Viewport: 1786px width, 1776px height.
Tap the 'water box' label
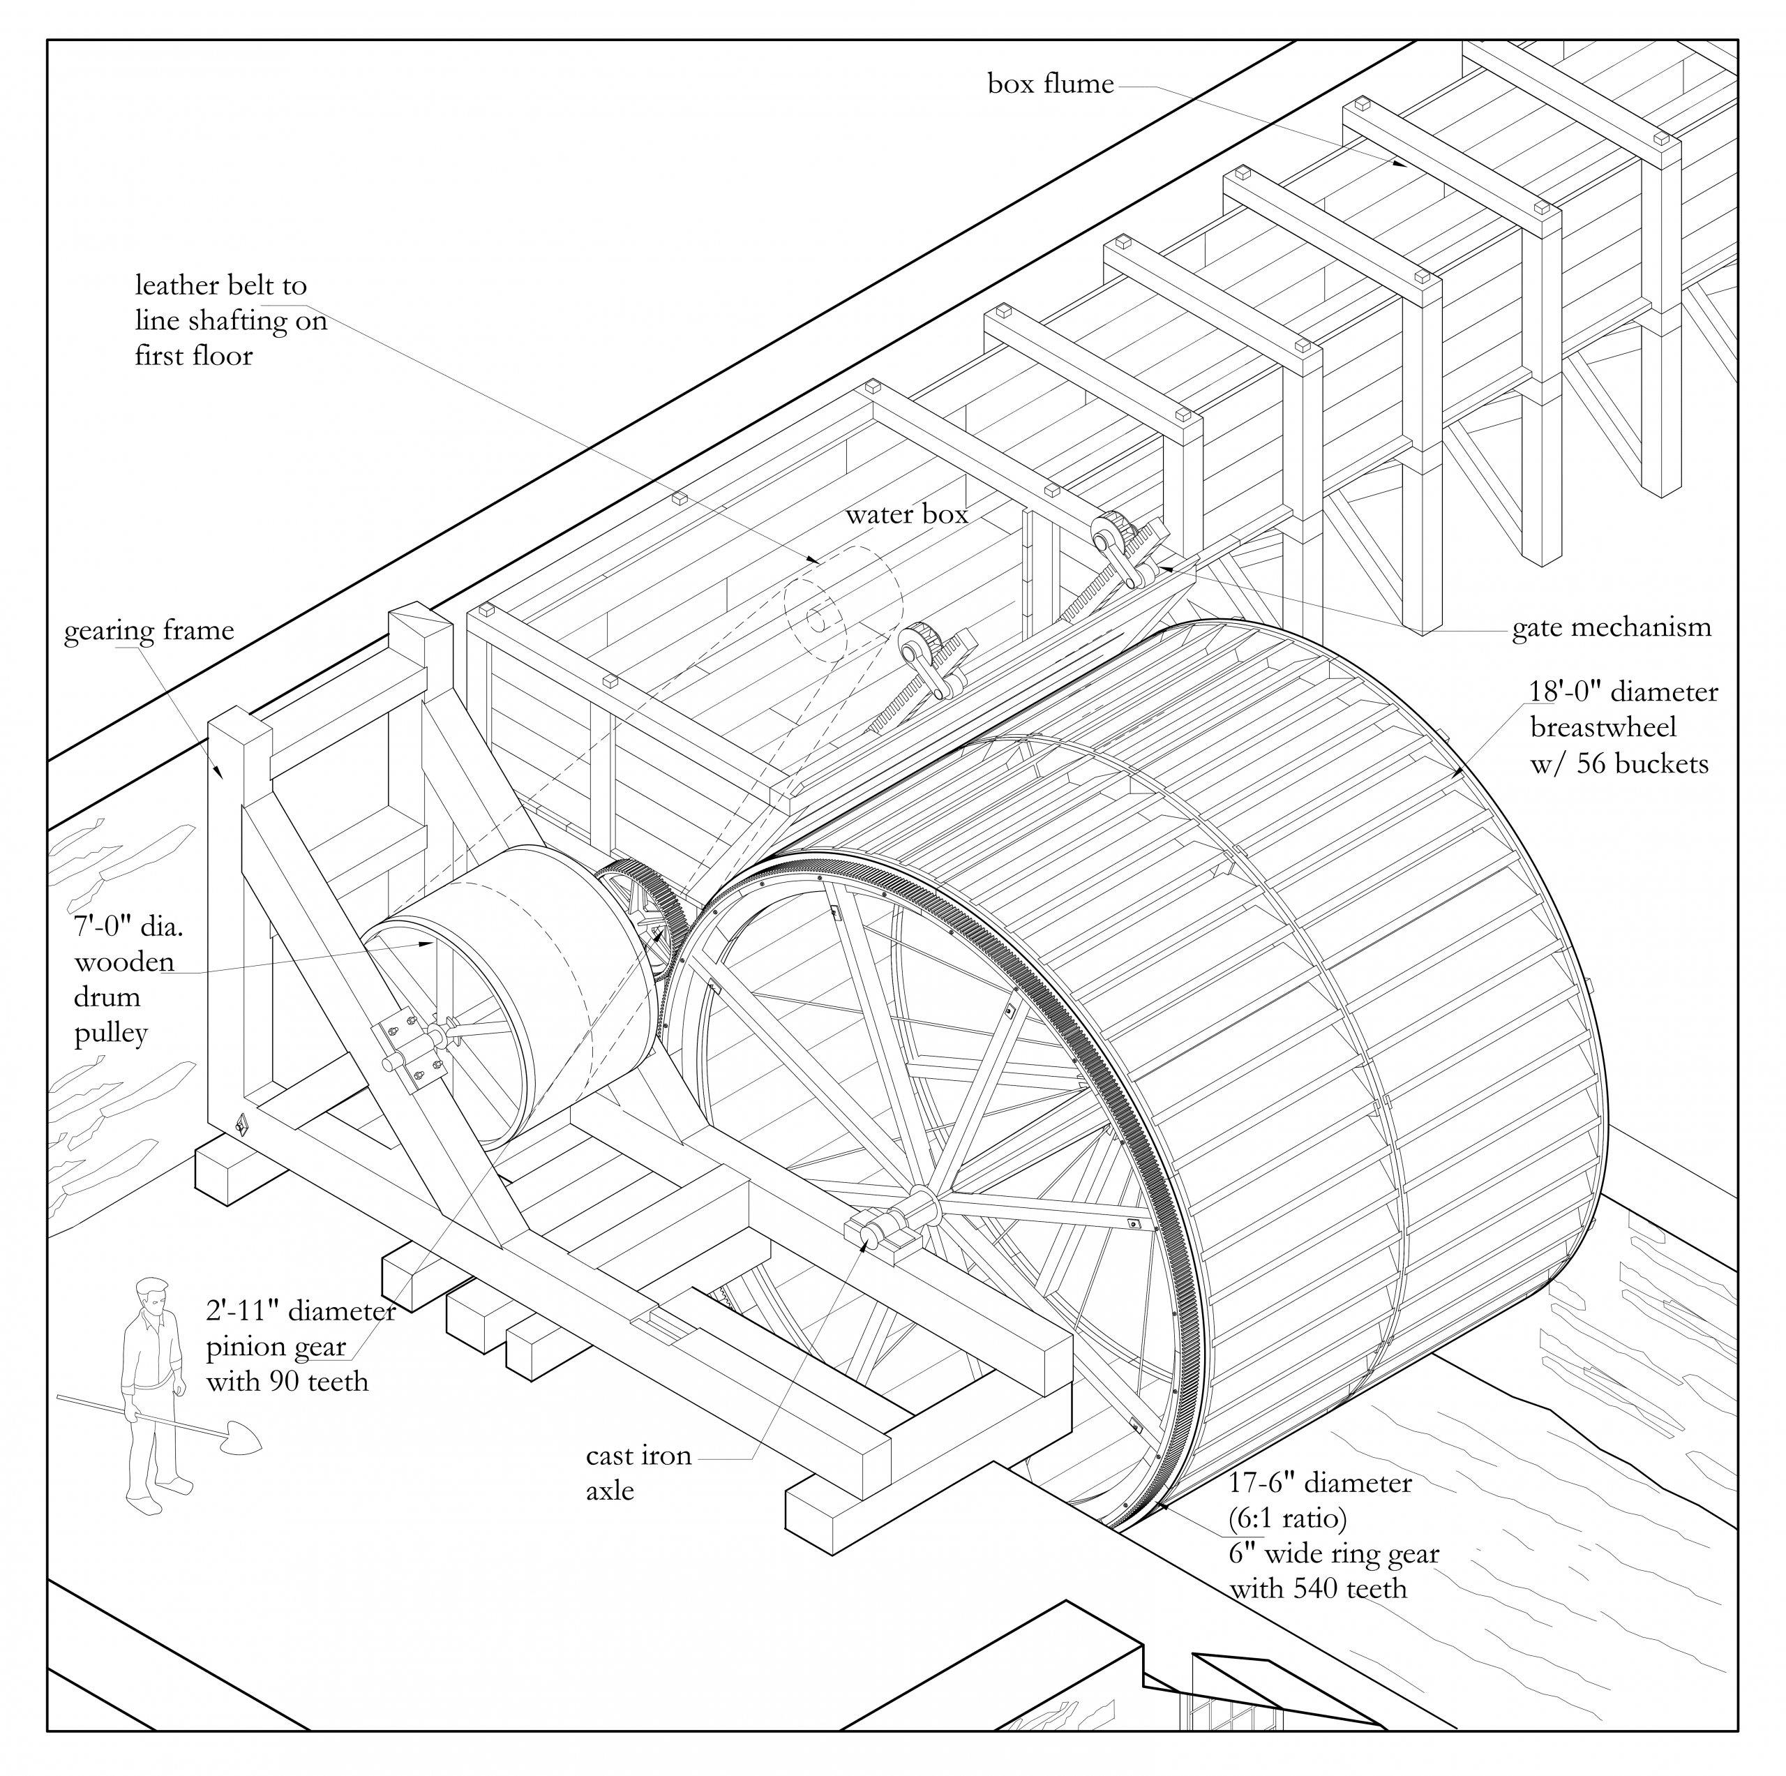906,515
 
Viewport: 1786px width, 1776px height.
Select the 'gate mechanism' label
1612,629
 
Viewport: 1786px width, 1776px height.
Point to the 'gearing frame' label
149,632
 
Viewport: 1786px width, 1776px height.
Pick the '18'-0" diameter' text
1623,692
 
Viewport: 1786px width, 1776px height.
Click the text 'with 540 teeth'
1317,1588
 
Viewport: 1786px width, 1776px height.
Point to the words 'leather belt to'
221,285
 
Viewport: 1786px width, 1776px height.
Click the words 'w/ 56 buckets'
1619,763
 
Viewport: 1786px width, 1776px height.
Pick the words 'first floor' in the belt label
193,356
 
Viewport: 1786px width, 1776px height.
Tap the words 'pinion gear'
276,1347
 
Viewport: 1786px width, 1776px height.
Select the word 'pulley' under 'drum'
111,1033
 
